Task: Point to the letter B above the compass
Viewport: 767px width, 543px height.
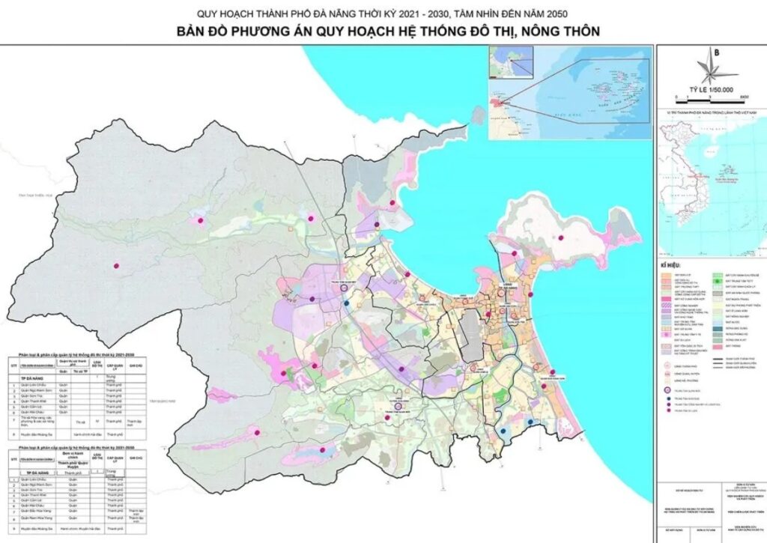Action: pos(717,52)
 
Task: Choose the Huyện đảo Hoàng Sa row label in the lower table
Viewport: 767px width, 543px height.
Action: pos(34,526)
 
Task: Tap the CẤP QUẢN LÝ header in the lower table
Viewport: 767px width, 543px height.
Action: pos(114,463)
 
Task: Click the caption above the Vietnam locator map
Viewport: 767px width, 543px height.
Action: pos(710,112)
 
